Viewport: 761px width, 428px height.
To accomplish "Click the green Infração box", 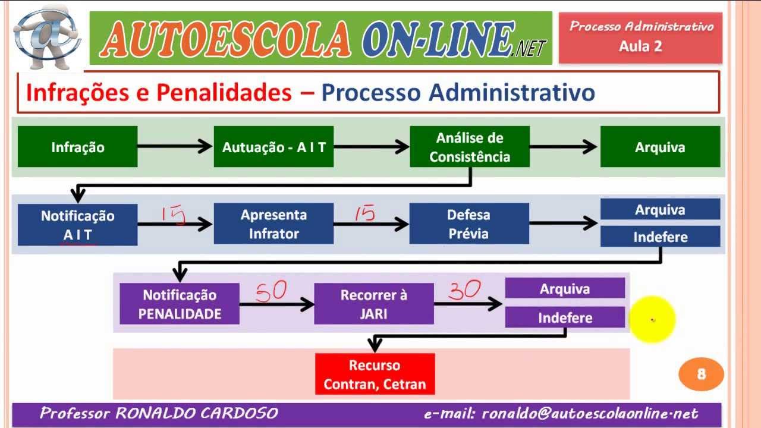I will (77, 147).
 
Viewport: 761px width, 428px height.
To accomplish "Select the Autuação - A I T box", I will (273, 147).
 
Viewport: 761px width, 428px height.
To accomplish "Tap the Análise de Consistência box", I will (470, 147).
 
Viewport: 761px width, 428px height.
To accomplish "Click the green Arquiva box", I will (660, 147).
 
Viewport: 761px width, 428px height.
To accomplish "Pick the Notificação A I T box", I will (77, 225).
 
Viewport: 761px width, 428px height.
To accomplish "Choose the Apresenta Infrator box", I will (273, 224).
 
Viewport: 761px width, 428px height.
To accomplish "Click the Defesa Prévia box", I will (469, 224).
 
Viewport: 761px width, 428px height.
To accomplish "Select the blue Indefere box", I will (660, 237).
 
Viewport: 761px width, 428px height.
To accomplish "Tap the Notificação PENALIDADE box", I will (180, 304).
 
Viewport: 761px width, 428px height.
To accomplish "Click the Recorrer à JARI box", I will (374, 304).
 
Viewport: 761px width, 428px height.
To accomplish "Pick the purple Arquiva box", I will (565, 289).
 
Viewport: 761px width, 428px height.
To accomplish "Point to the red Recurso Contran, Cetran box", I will (375, 374).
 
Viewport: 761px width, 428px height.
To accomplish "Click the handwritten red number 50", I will (272, 291).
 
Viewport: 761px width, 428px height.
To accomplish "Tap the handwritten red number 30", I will (464, 290).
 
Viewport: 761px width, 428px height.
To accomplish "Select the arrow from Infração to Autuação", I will (175, 146).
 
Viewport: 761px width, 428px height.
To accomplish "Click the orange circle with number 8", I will (701, 374).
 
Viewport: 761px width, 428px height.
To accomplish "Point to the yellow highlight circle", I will (652, 320).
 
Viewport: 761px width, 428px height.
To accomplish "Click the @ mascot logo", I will (47, 37).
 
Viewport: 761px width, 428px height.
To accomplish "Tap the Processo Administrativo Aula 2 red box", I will (640, 37).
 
